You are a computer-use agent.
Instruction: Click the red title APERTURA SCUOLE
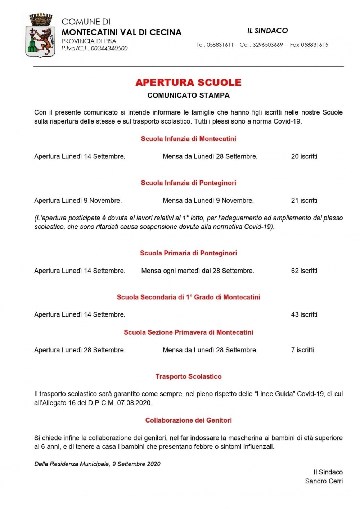(188, 82)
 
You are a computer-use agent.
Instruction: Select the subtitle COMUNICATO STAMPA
(188, 95)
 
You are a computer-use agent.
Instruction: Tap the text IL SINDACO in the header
(267, 31)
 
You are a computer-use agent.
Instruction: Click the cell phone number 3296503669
(267, 45)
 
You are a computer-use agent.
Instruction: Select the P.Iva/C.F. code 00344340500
(109, 49)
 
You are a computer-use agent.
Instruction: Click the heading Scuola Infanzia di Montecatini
(188, 139)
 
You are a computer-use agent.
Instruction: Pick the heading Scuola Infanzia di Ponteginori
(188, 183)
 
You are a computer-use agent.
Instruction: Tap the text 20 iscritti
(304, 156)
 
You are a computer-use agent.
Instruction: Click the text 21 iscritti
(304, 201)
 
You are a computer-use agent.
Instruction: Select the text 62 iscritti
(304, 271)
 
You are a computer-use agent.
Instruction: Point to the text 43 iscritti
(304, 315)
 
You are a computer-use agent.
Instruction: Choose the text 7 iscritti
(302, 350)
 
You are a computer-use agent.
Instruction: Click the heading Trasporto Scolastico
(188, 376)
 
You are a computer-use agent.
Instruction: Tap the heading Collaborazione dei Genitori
(188, 420)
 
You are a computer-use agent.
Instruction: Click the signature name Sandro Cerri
(324, 481)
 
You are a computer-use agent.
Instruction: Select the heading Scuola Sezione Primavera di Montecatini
(188, 332)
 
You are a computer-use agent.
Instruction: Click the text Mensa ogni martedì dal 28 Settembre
(198, 271)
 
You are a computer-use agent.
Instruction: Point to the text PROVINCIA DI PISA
(89, 41)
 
